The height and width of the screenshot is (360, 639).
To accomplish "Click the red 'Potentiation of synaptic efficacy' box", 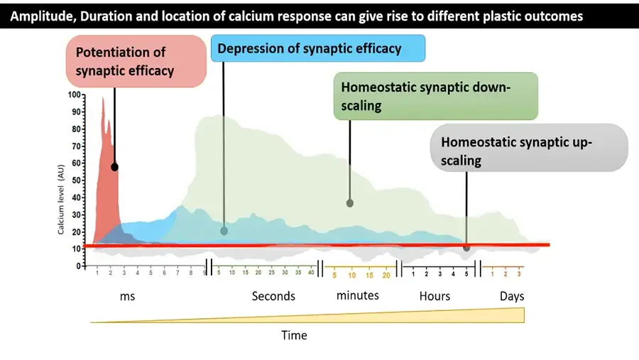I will [x=136, y=62].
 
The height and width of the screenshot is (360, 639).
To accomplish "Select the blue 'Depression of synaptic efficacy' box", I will [x=317, y=48].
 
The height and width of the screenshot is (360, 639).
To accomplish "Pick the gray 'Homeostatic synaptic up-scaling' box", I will [x=529, y=148].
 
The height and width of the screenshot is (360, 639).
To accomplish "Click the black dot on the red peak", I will [x=114, y=167].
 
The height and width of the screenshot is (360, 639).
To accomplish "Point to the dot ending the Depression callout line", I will [x=224, y=231].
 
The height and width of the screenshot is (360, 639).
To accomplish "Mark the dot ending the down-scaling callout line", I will [x=349, y=203].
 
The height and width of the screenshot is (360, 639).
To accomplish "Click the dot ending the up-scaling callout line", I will [x=466, y=248].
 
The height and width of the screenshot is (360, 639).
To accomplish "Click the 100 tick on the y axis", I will [x=75, y=95].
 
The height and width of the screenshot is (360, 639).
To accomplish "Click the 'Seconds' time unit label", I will [x=273, y=296].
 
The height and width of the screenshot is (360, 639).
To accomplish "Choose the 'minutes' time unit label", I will [x=358, y=295].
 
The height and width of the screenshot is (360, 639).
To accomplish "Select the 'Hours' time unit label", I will [x=435, y=296].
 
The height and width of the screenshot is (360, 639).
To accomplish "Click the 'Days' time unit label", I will [x=511, y=296].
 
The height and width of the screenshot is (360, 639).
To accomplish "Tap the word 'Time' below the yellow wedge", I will [x=295, y=334].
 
